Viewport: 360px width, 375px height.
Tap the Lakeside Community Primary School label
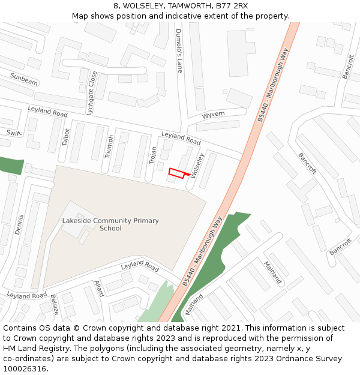click(x=110, y=224)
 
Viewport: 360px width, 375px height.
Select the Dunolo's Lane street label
click(x=178, y=50)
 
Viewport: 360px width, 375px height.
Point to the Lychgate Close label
click(x=91, y=93)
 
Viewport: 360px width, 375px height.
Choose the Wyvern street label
click(x=213, y=114)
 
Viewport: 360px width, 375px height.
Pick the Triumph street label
click(x=109, y=146)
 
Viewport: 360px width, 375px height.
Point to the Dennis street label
click(x=20, y=224)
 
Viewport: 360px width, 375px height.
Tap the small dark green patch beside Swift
click(x=11, y=166)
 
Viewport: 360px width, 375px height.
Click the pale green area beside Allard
click(x=155, y=306)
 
